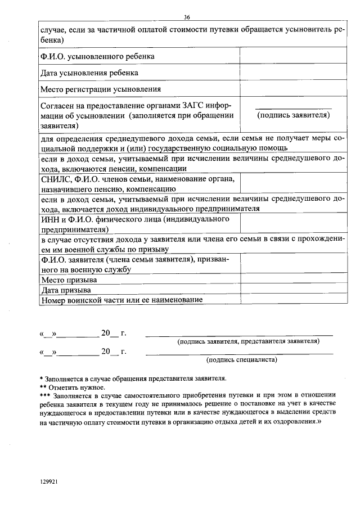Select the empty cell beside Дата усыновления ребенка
292,73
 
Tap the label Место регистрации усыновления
101,89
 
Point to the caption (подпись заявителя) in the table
293,115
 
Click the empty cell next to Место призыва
292,280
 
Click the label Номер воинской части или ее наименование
121,300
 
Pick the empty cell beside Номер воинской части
292,300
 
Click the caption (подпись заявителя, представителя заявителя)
248,341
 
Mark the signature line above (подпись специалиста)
239,353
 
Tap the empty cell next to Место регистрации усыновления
292,89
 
